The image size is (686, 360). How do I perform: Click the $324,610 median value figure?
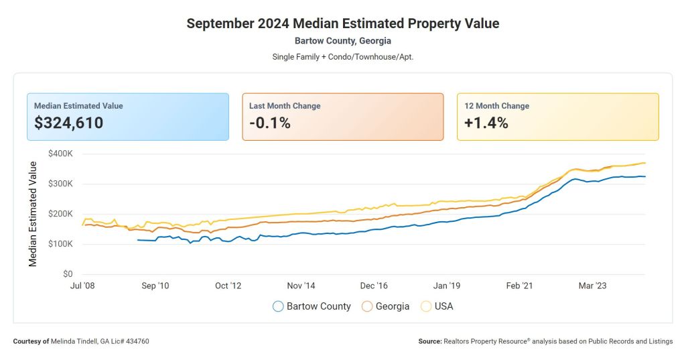pos(69,123)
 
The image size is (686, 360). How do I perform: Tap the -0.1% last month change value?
pos(269,123)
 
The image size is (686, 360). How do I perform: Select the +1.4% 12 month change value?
pos(486,123)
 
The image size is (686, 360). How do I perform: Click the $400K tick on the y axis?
pos(60,154)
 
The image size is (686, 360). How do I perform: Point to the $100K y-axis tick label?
pos(60,244)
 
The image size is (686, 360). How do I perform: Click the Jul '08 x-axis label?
pos(82,286)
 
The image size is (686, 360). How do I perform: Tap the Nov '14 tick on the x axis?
pos(301,286)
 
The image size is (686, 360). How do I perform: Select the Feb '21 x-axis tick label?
pos(519,286)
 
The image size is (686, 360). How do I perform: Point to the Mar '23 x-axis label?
pos(592,286)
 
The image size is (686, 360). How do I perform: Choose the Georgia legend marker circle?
pos(367,306)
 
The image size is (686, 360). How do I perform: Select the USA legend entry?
pos(437,306)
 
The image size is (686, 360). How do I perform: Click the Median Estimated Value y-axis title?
pos(33,214)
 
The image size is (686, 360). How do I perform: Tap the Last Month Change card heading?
pos(285,106)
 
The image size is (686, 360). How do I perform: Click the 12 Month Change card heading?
pos(497,106)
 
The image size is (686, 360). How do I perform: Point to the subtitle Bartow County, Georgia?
pos(342,41)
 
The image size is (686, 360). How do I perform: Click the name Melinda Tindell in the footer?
pos(75,341)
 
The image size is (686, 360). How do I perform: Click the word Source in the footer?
pos(429,341)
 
